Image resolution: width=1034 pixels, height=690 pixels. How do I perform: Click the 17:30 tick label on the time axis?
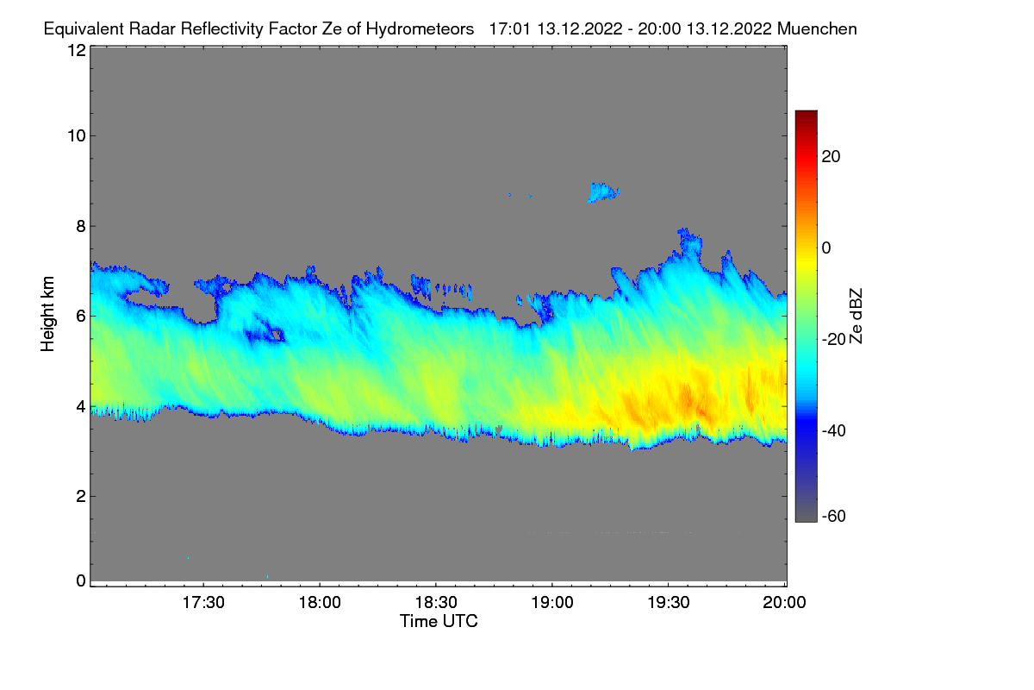pos(203,604)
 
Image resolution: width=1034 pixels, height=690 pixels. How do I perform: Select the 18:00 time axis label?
pos(320,604)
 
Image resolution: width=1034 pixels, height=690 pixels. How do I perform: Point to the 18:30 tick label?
pos(436,604)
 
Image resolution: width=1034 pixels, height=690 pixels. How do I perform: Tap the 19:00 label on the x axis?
pos(552,604)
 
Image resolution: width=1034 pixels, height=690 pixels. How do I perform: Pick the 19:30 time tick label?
pos(669,604)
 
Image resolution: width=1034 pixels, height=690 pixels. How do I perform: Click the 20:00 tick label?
pos(784,604)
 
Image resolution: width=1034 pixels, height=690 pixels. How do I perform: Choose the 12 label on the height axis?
pos(76,50)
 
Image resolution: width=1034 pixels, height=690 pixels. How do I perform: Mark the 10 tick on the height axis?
pos(76,135)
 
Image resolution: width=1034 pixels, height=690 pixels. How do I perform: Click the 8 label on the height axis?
pos(80,226)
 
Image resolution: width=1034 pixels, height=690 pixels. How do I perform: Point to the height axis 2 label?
pos(80,496)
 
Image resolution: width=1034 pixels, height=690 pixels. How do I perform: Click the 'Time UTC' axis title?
pos(439,621)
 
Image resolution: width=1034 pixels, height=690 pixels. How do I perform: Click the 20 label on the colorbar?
pos(832,157)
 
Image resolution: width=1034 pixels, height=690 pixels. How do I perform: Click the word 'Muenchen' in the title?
pos(816,28)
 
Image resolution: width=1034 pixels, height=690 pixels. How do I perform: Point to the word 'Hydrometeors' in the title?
pos(420,28)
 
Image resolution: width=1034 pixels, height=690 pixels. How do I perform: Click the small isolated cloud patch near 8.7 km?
pos(603,191)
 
